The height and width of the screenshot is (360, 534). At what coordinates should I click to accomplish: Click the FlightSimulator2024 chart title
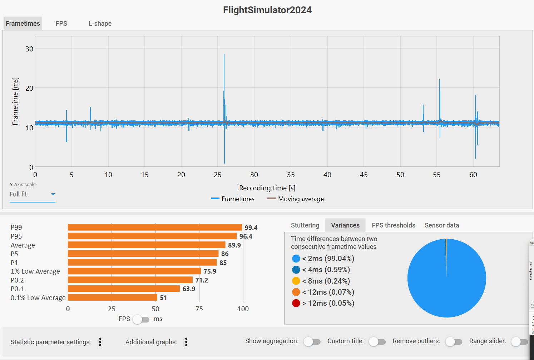click(267, 10)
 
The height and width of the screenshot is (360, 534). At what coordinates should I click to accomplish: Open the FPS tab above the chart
click(61, 24)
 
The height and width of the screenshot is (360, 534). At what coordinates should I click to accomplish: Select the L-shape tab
click(100, 24)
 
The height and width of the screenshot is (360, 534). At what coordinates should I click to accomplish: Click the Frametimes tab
click(23, 24)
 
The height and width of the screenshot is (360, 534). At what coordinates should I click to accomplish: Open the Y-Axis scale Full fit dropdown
click(32, 194)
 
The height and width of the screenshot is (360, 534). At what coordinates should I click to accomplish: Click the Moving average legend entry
click(296, 199)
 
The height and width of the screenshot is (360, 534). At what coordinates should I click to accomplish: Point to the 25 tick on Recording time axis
click(218, 175)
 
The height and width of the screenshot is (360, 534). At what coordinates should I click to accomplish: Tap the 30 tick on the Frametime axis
click(29, 49)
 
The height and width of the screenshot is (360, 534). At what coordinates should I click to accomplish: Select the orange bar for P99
click(155, 227)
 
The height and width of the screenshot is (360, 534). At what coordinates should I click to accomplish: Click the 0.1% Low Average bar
click(113, 297)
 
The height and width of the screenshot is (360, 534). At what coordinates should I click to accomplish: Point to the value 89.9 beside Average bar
click(234, 245)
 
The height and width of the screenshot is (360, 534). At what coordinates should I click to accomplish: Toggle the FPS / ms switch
click(141, 319)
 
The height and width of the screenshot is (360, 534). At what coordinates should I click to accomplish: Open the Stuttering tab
click(305, 225)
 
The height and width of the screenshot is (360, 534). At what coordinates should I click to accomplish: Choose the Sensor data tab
click(442, 225)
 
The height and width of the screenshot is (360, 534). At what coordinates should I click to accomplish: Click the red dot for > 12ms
click(296, 303)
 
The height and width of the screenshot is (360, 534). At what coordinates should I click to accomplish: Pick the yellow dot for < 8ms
click(296, 281)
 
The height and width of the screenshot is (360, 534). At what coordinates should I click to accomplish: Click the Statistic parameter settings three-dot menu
click(100, 342)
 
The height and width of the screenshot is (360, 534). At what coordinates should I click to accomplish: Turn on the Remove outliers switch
click(454, 342)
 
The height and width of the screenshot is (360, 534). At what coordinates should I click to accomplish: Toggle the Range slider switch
click(519, 342)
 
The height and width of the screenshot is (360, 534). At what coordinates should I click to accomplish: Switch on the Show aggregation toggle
click(312, 342)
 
